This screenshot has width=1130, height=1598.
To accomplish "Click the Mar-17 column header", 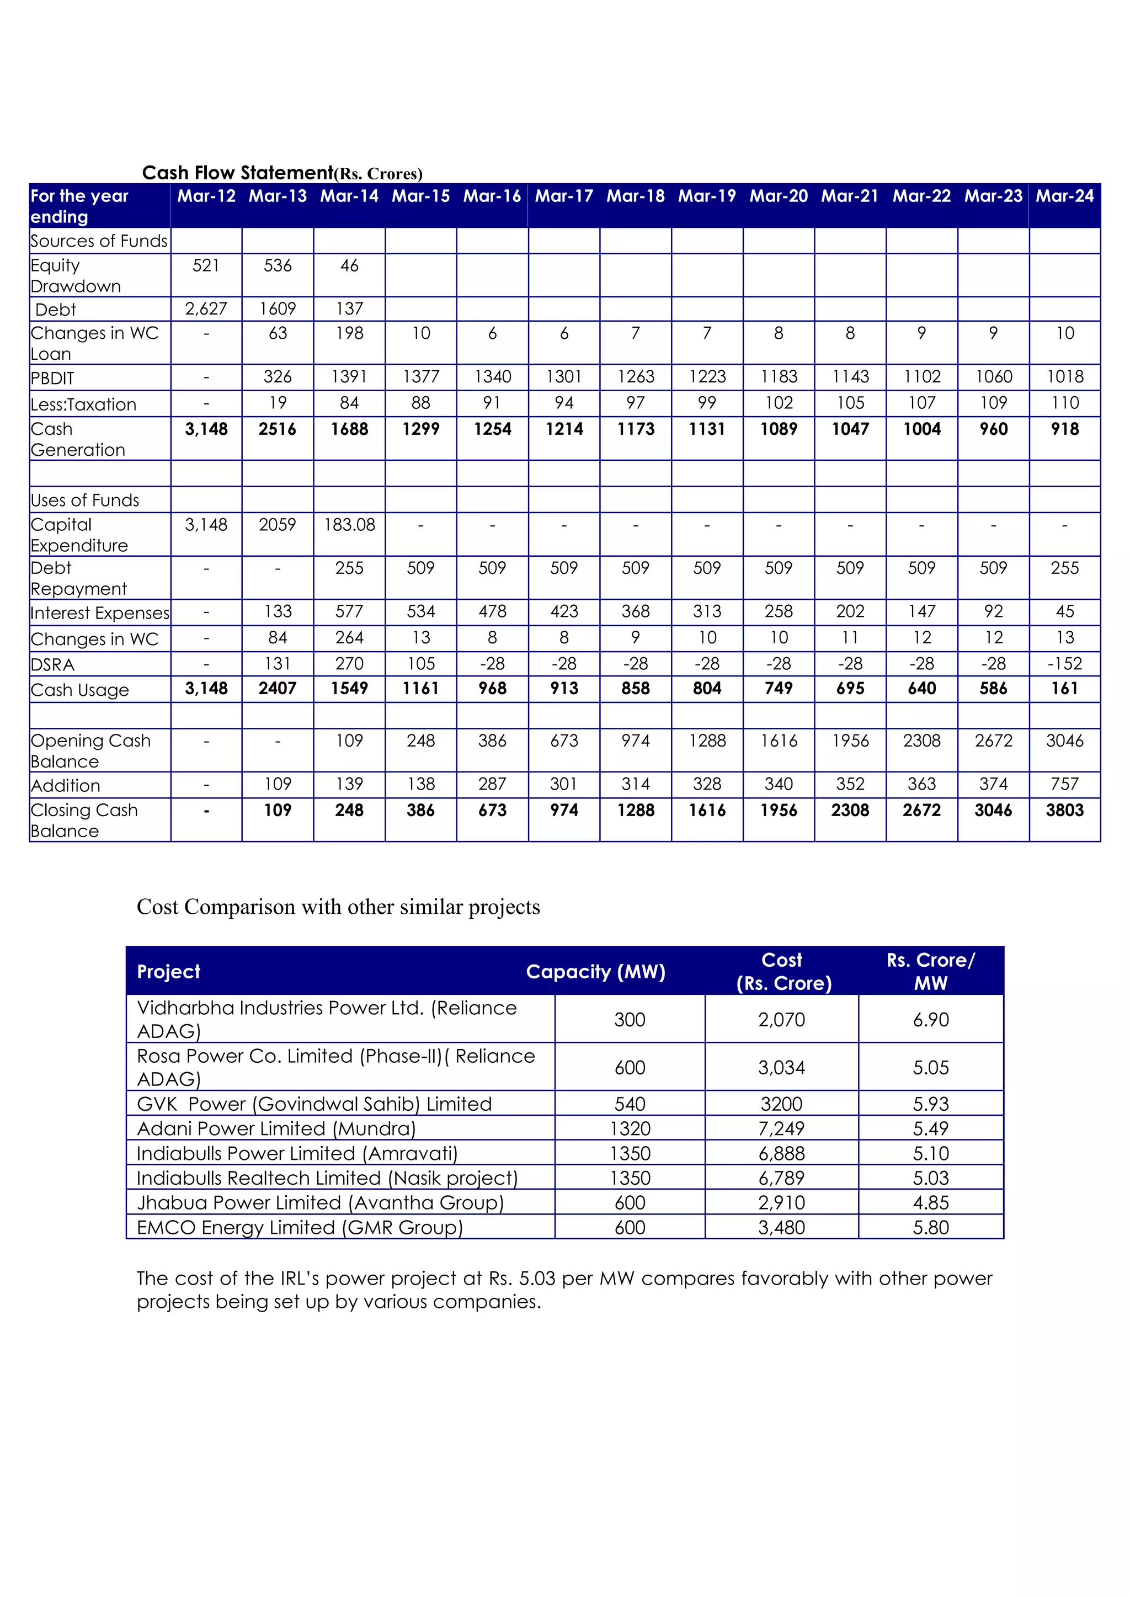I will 563,196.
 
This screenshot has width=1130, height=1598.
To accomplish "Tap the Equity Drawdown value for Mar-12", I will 206,265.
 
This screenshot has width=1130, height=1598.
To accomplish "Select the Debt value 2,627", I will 206,308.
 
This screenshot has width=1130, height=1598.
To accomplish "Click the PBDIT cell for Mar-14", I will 349,376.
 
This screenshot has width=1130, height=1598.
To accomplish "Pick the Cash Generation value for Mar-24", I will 1064,429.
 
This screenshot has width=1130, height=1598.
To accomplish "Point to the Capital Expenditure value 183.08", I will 349,525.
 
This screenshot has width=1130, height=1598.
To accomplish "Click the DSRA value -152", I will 1064,663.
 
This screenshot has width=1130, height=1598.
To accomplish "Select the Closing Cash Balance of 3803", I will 1064,810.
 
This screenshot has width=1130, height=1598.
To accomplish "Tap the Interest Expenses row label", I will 99,613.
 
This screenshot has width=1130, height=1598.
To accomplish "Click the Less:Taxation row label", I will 83,404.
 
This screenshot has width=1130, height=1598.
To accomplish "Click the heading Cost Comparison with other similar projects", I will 338,907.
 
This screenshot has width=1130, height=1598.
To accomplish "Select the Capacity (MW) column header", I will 595,972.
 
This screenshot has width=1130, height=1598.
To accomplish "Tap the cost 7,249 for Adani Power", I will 781,1128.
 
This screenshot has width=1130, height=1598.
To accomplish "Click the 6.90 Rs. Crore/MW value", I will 930,1020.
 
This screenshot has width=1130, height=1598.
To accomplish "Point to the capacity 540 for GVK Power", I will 630,1104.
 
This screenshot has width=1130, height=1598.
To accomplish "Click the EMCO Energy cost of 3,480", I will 781,1227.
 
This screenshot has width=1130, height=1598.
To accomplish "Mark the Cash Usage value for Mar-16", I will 492,688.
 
